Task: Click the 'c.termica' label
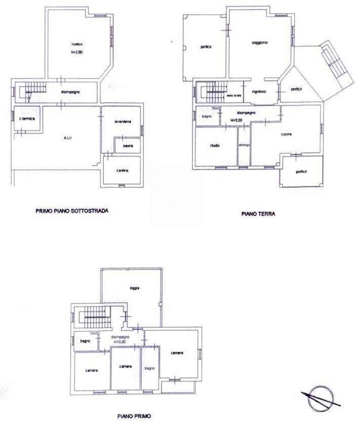pos(26,118)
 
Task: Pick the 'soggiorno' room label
pos(260,43)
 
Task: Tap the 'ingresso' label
pos(259,92)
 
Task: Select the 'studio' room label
pos(215,146)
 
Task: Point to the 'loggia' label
pos(134,288)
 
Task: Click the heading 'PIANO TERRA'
pos(258,214)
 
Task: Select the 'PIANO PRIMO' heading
pos(133,417)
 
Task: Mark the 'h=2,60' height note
pos(76,52)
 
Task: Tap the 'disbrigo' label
pos(245,146)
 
